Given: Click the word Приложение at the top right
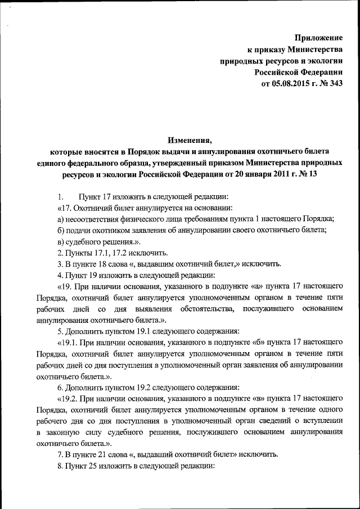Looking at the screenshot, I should point(319,38).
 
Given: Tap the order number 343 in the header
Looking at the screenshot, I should point(334,84).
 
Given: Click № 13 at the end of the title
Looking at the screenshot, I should point(307,174).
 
